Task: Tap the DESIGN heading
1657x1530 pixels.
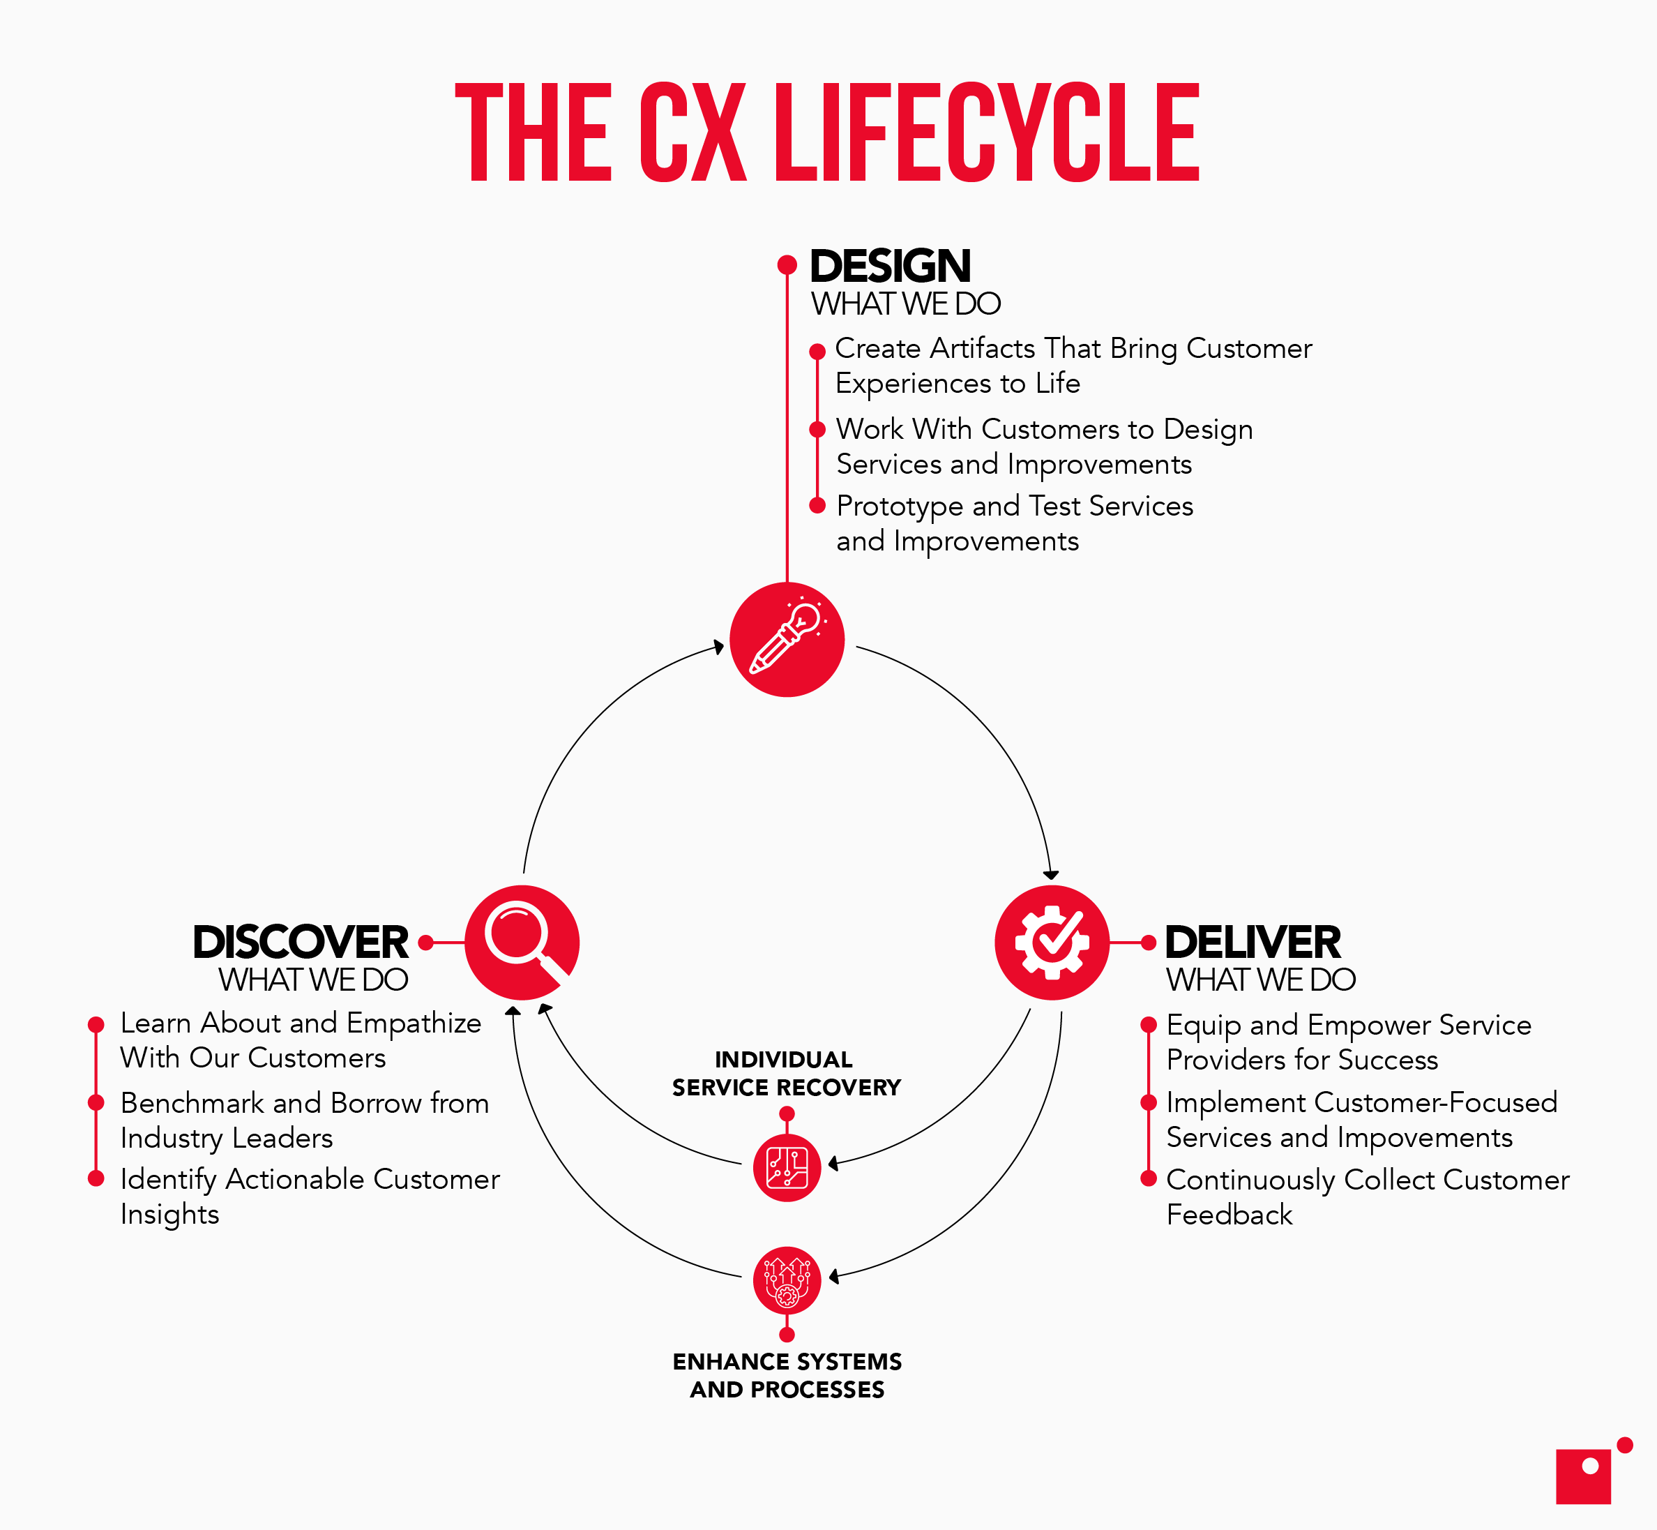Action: click(x=890, y=267)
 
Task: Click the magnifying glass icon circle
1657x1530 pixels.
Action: click(x=522, y=942)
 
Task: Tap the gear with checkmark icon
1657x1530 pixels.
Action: click(x=1051, y=942)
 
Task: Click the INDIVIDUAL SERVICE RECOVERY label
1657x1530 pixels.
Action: click(x=785, y=1074)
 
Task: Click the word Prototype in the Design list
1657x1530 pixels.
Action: click(x=900, y=506)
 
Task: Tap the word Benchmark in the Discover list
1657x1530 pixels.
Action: click(x=191, y=1104)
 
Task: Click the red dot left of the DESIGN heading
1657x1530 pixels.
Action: click(x=786, y=265)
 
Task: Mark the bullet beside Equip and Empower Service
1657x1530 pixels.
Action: click(x=1148, y=1025)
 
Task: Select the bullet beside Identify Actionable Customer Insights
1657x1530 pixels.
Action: click(x=96, y=1178)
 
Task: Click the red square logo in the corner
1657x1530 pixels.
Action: click(x=1582, y=1476)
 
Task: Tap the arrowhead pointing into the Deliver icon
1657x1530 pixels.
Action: click(x=1051, y=875)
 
